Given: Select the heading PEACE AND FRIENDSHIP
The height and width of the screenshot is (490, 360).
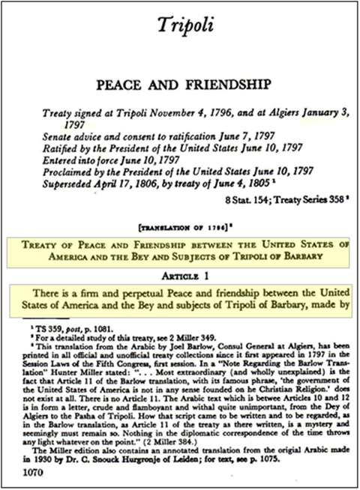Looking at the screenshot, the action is pos(179,84).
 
